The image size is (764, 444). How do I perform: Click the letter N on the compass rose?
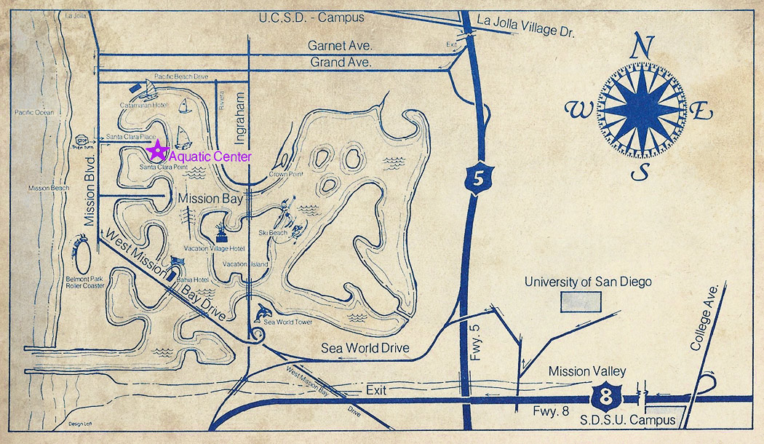pos(641,48)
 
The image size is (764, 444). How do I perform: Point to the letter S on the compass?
pos(640,173)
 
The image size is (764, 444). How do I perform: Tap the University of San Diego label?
pos(588,282)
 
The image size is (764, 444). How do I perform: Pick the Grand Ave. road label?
pos(341,63)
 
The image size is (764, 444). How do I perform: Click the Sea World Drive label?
pos(365,349)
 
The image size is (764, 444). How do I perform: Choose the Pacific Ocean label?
pos(34,113)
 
